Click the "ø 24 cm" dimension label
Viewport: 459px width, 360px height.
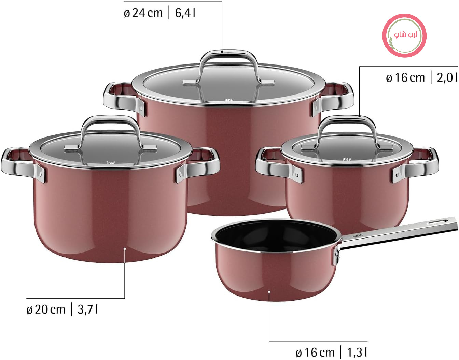(x=143, y=13)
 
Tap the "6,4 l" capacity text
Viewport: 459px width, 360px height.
(x=185, y=13)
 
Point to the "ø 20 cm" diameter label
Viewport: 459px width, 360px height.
(x=46, y=309)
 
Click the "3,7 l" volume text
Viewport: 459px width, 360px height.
(x=87, y=309)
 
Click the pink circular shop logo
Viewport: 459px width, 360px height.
(x=404, y=35)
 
